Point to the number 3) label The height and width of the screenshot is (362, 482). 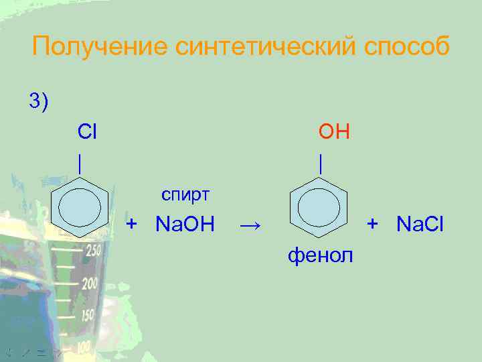click(x=39, y=101)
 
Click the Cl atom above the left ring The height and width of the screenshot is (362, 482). click(x=87, y=131)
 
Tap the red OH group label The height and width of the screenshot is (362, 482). click(x=334, y=131)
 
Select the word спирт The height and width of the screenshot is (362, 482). click(x=186, y=195)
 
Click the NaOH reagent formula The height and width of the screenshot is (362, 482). click(x=185, y=223)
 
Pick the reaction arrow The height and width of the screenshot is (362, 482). click(x=250, y=224)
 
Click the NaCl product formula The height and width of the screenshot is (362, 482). click(x=420, y=223)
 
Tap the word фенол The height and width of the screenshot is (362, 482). click(x=321, y=254)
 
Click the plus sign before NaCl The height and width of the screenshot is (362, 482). click(x=373, y=223)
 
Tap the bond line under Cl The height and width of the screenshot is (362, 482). click(x=80, y=162)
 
